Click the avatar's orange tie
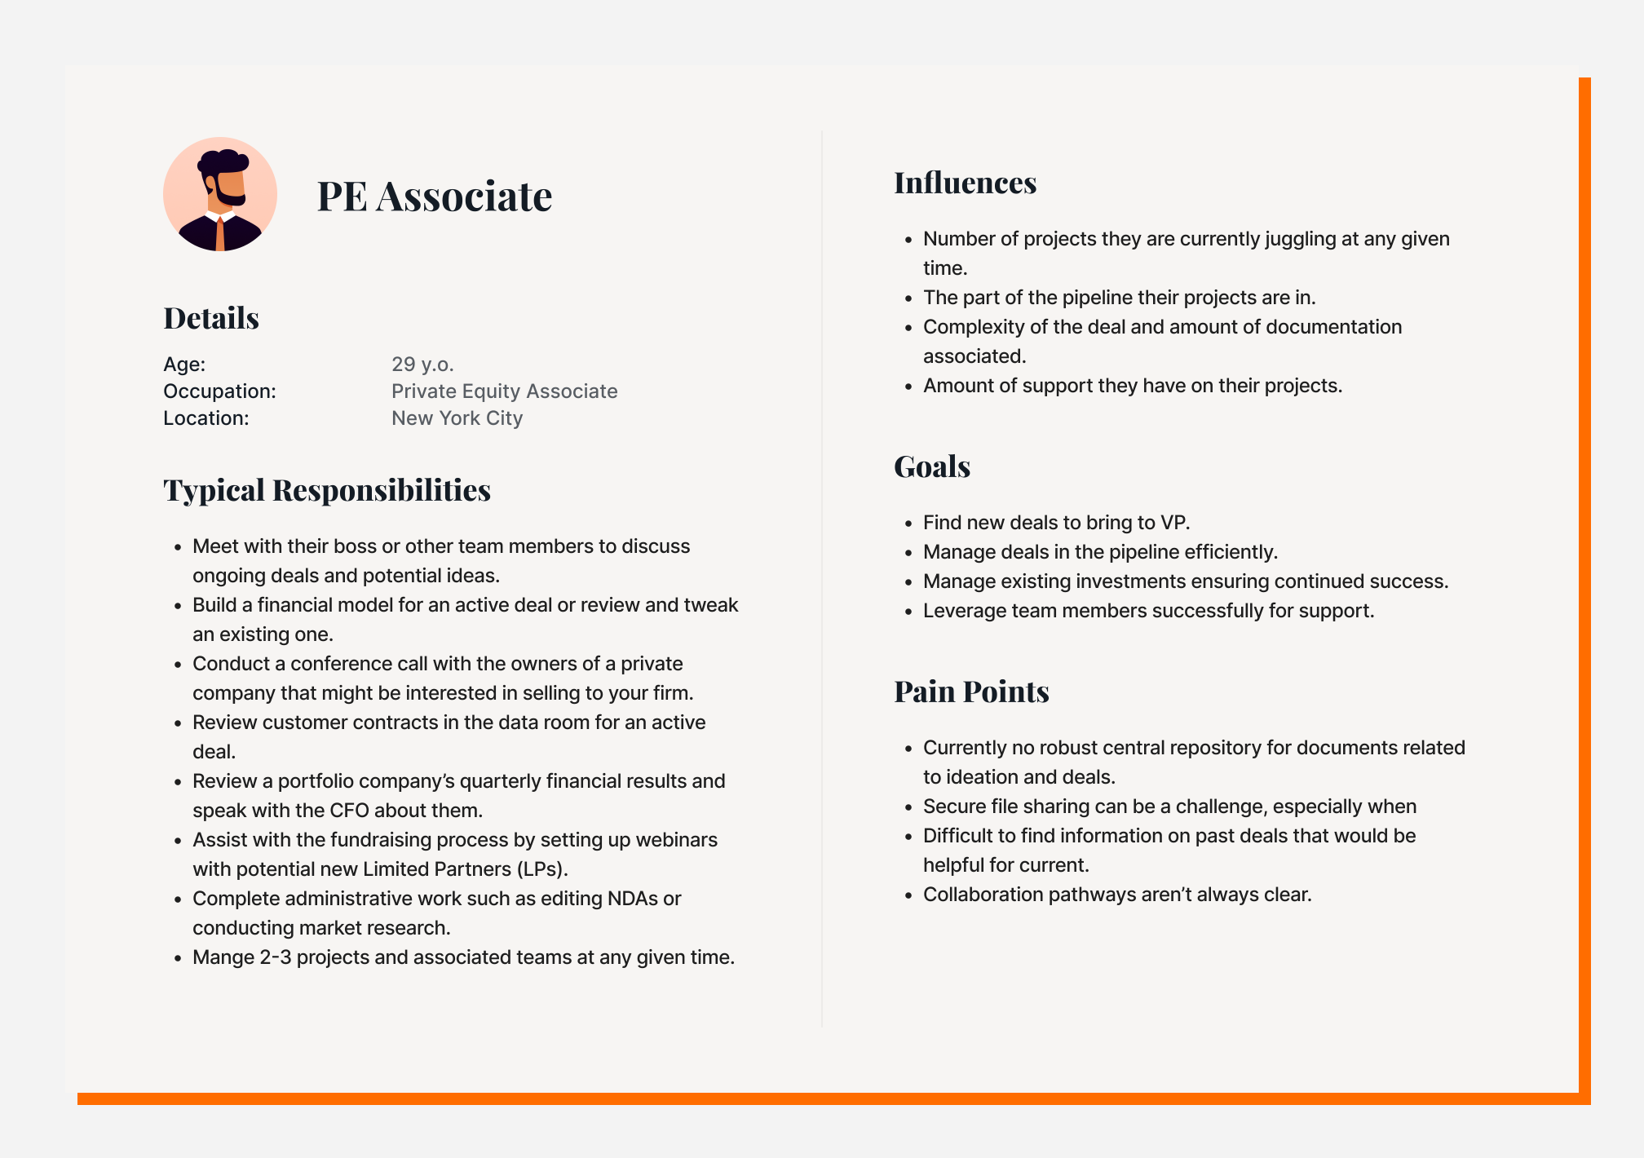pyautogui.click(x=220, y=234)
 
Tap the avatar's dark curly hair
pyautogui.click(x=223, y=161)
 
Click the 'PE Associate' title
pyautogui.click(x=435, y=197)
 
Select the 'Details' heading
pyautogui.click(x=211, y=318)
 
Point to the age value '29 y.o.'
pyautogui.click(x=422, y=364)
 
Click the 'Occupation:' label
pyautogui.click(x=219, y=391)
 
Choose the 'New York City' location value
pyautogui.click(x=457, y=418)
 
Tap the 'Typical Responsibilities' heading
pyautogui.click(x=327, y=490)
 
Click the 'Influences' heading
pyautogui.click(x=965, y=183)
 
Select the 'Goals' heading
pyautogui.click(x=931, y=466)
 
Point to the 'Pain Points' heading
pyautogui.click(x=971, y=692)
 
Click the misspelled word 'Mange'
pyautogui.click(x=223, y=957)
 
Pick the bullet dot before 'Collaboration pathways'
pyautogui.click(x=909, y=895)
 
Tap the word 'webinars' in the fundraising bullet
pyautogui.click(x=676, y=840)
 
